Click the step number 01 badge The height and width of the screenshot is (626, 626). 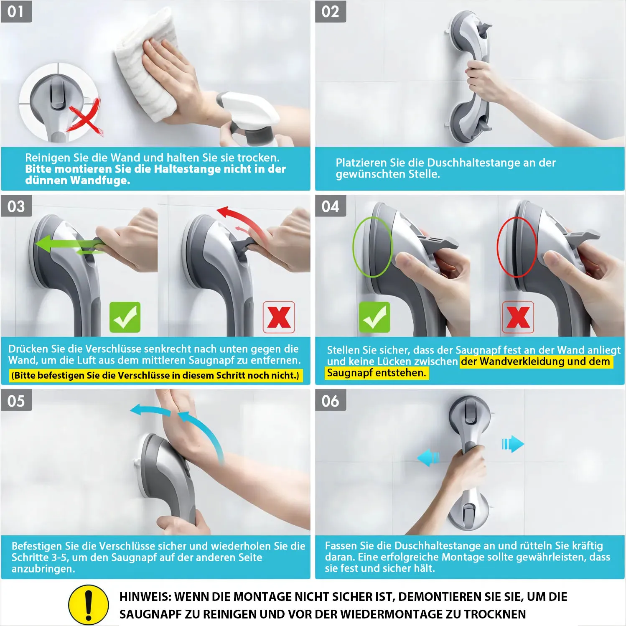[16, 11]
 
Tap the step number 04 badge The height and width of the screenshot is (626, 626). [331, 206]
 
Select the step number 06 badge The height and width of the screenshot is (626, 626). [331, 401]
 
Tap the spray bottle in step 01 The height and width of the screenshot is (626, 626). [251, 119]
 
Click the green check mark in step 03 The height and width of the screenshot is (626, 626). [125, 317]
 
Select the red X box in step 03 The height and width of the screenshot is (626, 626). [279, 317]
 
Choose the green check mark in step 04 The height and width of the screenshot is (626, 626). [374, 317]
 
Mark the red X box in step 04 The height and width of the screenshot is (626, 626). [518, 317]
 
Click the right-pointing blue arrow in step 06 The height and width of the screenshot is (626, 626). [513, 444]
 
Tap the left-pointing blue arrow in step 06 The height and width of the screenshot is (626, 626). [428, 458]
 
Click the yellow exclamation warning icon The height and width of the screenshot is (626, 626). [88, 605]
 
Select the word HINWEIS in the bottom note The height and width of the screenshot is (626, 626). [145, 597]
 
